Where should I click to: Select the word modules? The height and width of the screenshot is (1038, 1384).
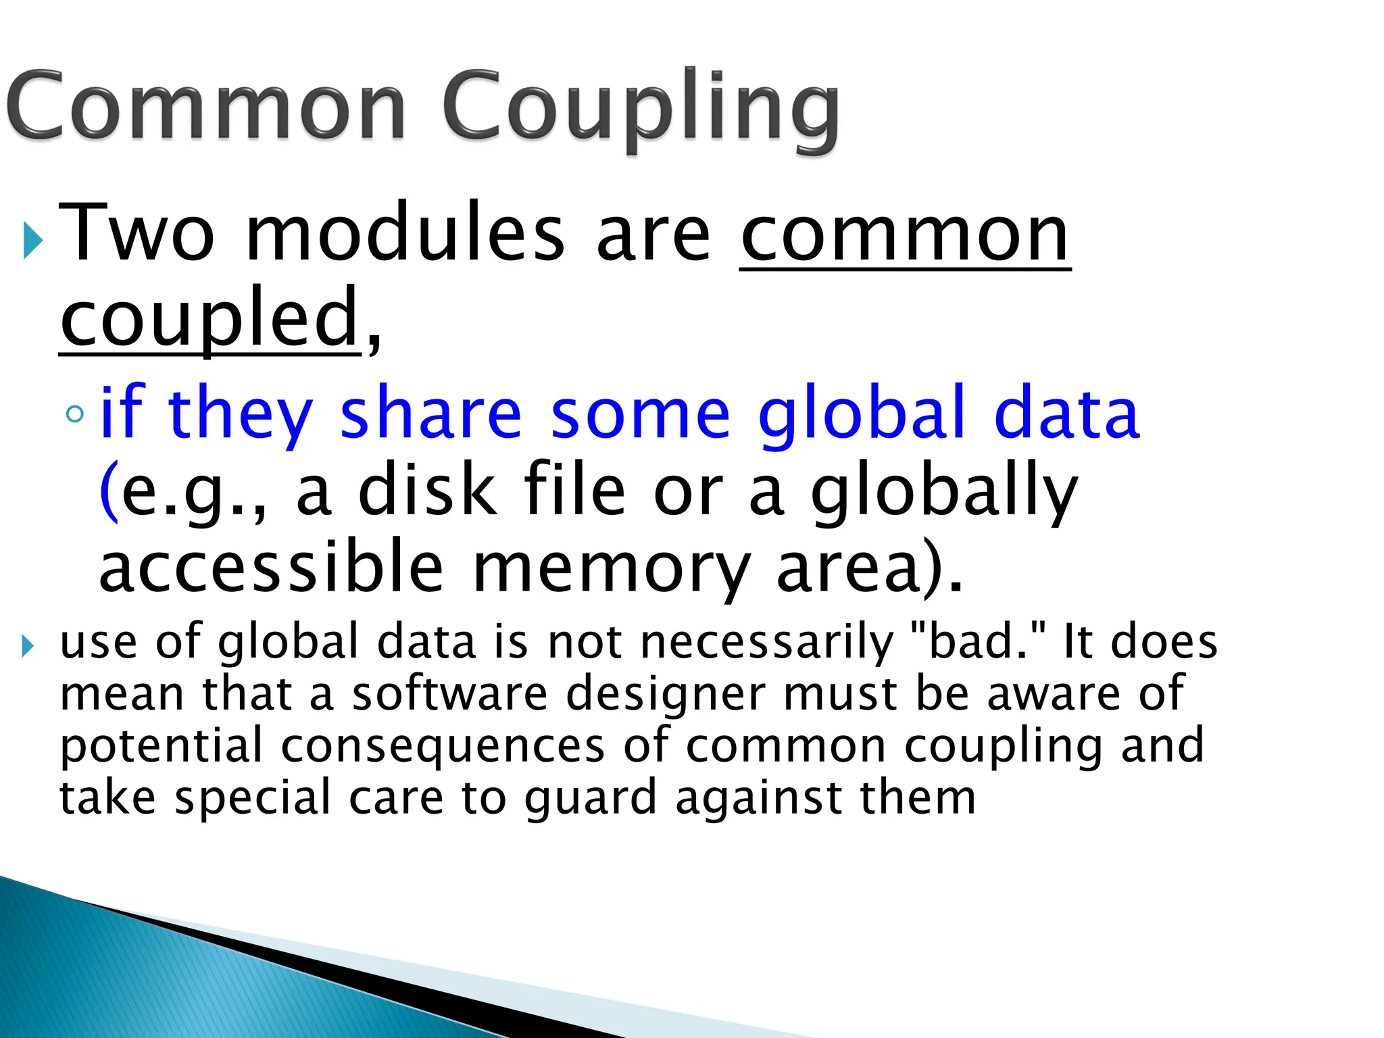(405, 233)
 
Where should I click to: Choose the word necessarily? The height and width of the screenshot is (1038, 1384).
(766, 642)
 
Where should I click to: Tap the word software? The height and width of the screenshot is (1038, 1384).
(449, 694)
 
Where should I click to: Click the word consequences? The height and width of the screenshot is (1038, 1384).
(443, 746)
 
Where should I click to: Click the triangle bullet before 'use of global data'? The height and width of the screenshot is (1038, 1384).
(27, 646)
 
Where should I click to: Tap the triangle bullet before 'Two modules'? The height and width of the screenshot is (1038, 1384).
(32, 239)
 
